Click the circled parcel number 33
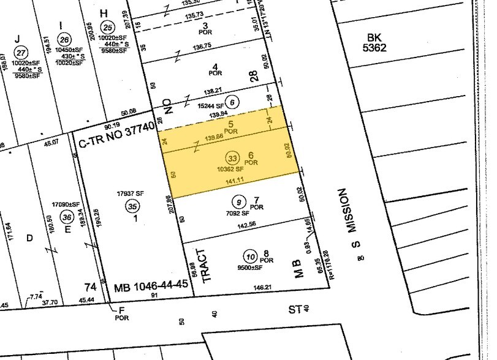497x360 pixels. pyautogui.click(x=232, y=156)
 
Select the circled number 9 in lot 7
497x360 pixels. pyautogui.click(x=238, y=202)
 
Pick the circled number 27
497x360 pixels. pyautogui.click(x=22, y=52)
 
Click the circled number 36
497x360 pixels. pyautogui.click(x=67, y=217)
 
